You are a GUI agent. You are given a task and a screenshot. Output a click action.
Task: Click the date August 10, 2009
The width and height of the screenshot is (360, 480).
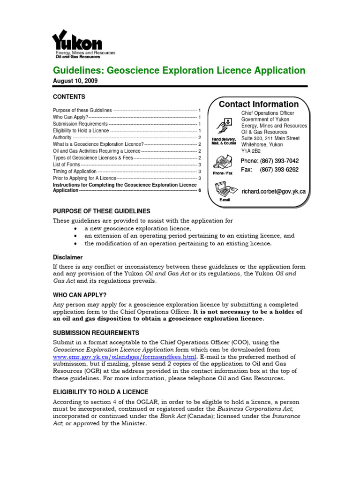pyautogui.click(x=75, y=81)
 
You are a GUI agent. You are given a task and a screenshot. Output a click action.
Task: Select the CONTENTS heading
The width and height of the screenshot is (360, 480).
pyautogui.click(x=69, y=97)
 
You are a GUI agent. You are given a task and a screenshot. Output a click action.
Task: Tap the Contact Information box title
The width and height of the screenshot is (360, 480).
pyautogui.click(x=259, y=104)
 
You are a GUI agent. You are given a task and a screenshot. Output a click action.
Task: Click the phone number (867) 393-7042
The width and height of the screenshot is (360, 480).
pyautogui.click(x=270, y=161)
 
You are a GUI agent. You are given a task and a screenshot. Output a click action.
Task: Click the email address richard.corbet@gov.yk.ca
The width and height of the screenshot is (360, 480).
pyautogui.click(x=274, y=191)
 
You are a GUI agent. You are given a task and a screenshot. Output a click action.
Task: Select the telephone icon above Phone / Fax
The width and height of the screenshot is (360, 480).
pyautogui.click(x=222, y=162)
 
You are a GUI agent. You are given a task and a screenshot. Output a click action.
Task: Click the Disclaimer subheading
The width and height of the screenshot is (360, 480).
pyautogui.click(x=67, y=257)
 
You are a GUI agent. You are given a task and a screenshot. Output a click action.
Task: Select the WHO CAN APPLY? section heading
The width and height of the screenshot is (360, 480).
pyautogui.click(x=80, y=295)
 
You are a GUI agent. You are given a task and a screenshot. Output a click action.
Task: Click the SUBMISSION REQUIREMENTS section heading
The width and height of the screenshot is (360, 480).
pyautogui.click(x=96, y=332)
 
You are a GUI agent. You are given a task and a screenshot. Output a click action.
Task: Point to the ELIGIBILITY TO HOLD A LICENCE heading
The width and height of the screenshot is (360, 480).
pyautogui.click(x=100, y=392)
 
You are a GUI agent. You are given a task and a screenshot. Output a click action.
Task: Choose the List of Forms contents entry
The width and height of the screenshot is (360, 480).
pyautogui.click(x=66, y=165)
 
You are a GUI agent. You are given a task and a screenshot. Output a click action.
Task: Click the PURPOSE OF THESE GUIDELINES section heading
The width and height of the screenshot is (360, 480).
pyautogui.click(x=101, y=211)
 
